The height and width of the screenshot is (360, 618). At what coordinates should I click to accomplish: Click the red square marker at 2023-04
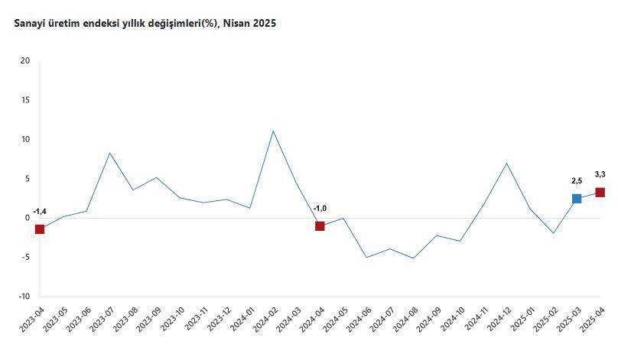click(40, 229)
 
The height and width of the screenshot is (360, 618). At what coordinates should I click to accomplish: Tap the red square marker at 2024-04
click(320, 226)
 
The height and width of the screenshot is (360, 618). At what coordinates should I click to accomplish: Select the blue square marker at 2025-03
click(577, 199)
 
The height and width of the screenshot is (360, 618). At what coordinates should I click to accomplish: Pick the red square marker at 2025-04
click(600, 193)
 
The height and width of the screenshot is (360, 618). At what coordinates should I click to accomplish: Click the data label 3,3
click(600, 175)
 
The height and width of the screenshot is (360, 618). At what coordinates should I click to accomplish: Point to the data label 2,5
click(577, 181)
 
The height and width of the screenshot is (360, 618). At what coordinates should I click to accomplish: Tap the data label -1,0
click(320, 209)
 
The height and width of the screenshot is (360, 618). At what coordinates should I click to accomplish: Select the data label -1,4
click(40, 212)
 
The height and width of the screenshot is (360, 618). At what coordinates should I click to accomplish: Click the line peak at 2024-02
click(273, 131)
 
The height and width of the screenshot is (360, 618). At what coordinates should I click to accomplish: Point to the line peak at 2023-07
click(110, 153)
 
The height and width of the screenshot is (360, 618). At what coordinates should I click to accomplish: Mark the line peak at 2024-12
click(506, 163)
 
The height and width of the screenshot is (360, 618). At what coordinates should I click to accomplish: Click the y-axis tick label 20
click(25, 61)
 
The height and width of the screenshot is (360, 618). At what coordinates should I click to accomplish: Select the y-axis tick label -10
click(24, 297)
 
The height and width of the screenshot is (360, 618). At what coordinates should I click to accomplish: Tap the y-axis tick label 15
click(25, 100)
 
